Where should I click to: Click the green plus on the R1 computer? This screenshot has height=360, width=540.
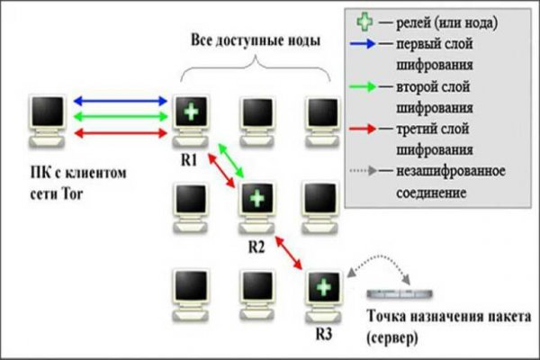[x=190, y=113]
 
